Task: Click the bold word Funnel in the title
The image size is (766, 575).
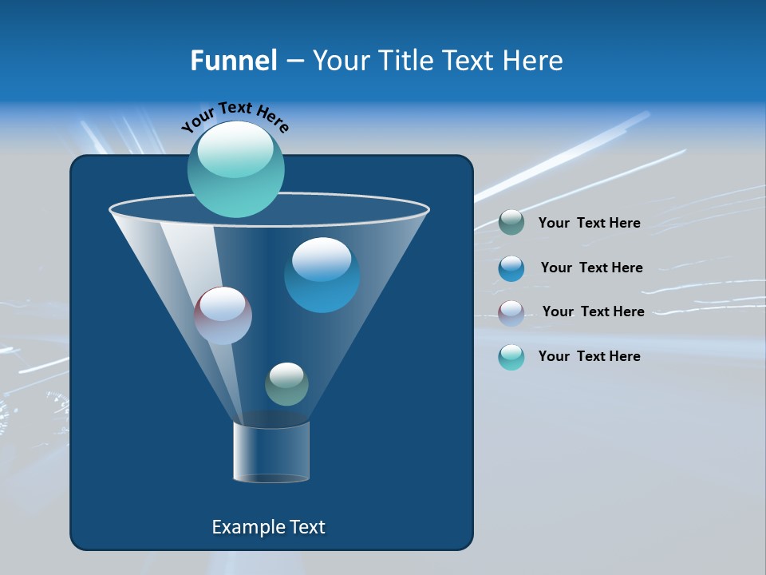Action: [233, 61]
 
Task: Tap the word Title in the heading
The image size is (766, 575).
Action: [405, 61]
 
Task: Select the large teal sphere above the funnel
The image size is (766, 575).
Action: [236, 169]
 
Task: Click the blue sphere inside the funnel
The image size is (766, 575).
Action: [322, 275]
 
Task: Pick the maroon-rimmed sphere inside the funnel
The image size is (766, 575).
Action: [223, 315]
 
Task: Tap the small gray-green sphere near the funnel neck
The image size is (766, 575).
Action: [286, 384]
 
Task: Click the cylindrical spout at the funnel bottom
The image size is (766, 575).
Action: [271, 452]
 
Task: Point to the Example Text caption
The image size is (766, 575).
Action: [268, 527]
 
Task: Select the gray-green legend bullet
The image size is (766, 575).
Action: [511, 223]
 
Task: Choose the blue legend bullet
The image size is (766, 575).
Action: [511, 268]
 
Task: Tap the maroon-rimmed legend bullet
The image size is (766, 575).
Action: [511, 313]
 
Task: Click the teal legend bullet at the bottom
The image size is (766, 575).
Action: [511, 357]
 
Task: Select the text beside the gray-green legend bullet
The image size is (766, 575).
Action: [589, 224]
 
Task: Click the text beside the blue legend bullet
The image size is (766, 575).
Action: [591, 268]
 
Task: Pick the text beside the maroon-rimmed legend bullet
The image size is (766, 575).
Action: [593, 312]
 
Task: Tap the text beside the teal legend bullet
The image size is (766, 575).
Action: [589, 357]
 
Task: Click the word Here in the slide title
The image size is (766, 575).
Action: [534, 61]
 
